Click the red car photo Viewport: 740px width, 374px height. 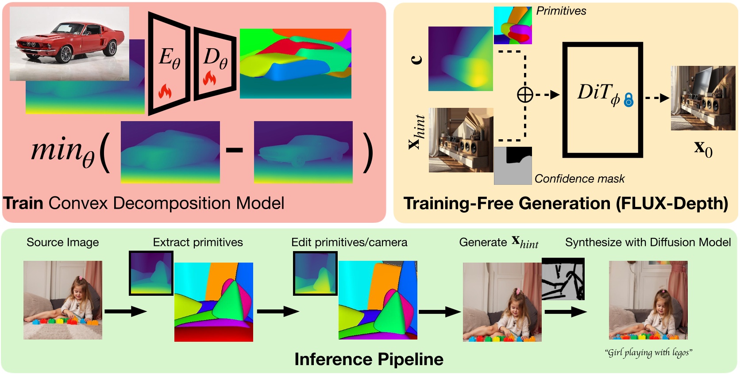pos(69,43)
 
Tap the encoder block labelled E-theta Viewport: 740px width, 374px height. pos(169,62)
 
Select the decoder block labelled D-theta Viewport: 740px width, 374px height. pos(215,62)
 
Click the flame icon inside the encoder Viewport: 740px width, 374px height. pos(165,92)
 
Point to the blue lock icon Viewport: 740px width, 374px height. pos(628,100)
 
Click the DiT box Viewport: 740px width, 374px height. pos(602,99)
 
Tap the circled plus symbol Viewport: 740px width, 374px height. pos(525,95)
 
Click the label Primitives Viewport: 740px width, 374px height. pos(561,11)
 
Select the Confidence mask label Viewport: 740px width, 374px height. pos(579,179)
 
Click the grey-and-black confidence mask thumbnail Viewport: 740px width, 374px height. pos(513,166)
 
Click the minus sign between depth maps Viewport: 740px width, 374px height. pos(234,150)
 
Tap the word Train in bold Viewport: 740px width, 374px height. pos(23,203)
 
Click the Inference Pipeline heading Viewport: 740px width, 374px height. pos(369,359)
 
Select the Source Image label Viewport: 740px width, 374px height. pos(62,242)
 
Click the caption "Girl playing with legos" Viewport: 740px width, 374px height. pos(648,352)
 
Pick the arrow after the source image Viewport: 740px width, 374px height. pos(125,312)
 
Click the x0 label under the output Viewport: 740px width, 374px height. pos(703,149)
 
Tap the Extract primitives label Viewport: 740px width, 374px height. pos(198,242)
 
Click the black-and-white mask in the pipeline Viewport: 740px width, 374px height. pos(563,279)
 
